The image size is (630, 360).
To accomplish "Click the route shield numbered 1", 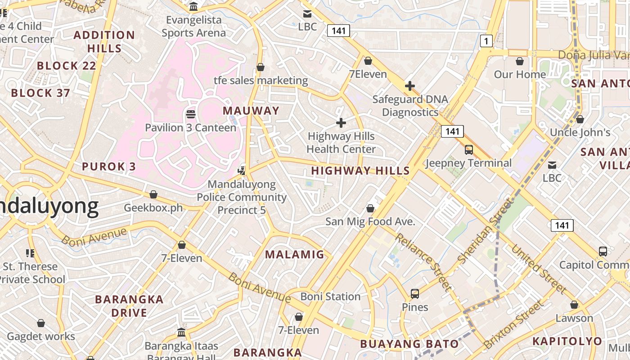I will (x=486, y=41).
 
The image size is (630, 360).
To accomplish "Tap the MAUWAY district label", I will (x=251, y=111).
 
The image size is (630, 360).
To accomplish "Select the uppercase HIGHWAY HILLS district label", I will (x=360, y=171).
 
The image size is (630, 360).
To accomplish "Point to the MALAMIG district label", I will (x=295, y=255).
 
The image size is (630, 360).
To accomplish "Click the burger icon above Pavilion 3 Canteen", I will (x=190, y=114).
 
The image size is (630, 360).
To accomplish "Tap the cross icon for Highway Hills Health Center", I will (x=341, y=122).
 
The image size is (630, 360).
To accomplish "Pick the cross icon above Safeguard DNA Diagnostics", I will (x=409, y=86).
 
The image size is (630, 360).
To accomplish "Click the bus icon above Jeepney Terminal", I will (x=468, y=150).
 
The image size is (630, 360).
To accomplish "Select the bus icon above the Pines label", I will (x=415, y=294).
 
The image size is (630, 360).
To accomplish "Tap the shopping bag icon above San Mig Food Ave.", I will (x=370, y=208).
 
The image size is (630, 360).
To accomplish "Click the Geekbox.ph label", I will (x=153, y=208).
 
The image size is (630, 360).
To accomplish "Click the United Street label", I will (x=538, y=268).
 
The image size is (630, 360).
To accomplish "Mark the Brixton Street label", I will (x=513, y=325).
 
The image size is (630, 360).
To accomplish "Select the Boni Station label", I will (x=330, y=297).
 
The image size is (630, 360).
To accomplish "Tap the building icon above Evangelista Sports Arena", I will (x=194, y=7).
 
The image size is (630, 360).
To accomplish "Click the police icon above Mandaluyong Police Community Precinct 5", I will (x=242, y=171).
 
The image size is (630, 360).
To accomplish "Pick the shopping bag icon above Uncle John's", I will (x=580, y=119).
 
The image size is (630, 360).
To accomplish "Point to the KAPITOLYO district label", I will (x=567, y=341).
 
